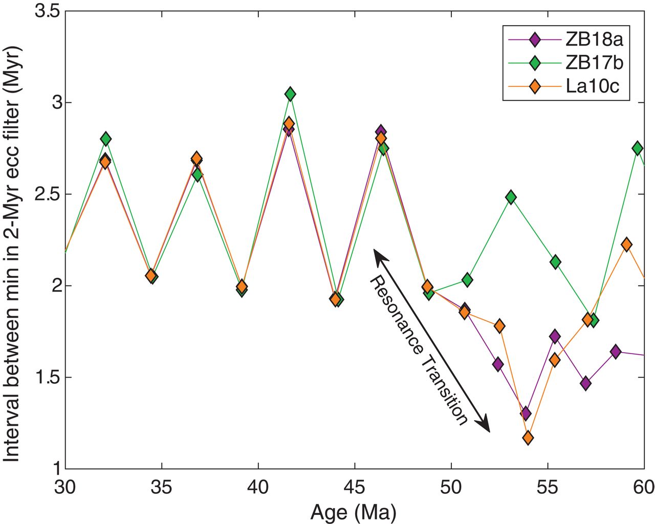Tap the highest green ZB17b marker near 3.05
coord(290,94)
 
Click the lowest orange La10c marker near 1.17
coord(528,438)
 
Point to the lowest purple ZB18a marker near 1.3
coord(526,413)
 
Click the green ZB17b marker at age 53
coord(510,197)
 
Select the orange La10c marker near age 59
coord(626,245)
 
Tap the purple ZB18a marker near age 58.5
coord(616,352)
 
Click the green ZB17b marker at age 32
coord(106,139)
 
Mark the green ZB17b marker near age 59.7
coord(638,148)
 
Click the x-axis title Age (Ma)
coord(353,511)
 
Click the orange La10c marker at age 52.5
coord(500,326)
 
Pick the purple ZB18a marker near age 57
coord(586,383)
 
